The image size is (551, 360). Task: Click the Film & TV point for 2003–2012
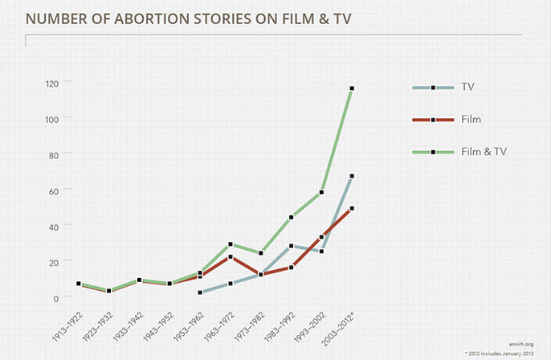coord(352,88)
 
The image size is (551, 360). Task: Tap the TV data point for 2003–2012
coord(352,176)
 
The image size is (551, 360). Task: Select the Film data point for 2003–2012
coord(352,209)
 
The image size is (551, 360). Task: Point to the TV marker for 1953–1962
coord(200,292)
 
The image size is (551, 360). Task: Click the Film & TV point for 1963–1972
coord(231,244)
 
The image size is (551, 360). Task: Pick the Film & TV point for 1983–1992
coord(292,217)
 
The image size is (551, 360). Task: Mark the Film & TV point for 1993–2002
coord(321,193)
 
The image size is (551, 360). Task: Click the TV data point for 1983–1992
coord(292,246)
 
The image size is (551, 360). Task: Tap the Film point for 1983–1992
coord(292,267)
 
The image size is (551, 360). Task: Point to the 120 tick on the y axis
coord(52,83)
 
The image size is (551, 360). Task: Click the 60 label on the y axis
coord(54,190)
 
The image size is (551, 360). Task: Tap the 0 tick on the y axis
coord(57,297)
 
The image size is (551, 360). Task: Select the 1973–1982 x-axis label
coord(246,326)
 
